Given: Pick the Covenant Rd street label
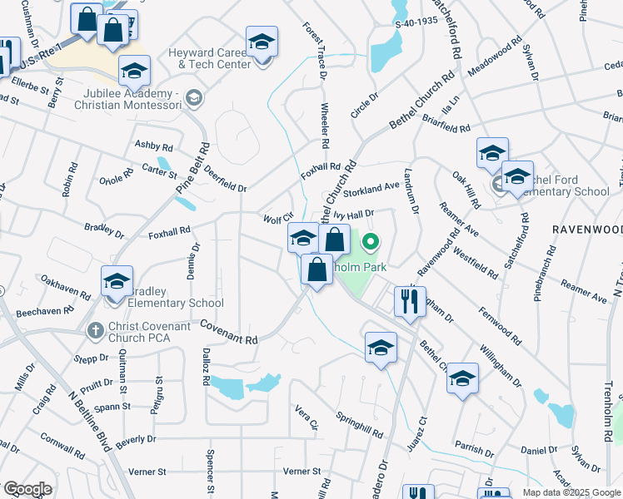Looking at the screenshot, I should [229, 335].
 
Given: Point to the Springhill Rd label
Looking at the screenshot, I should [359, 424].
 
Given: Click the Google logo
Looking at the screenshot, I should [27, 489].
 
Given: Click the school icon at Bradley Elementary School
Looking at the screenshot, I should [117, 280].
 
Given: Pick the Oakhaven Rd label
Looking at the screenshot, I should [65, 289].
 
